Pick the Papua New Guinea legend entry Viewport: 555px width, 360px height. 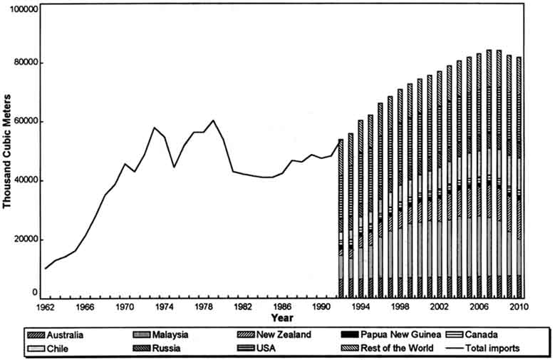pyautogui.click(x=385, y=334)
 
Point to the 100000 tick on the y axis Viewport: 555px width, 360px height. pyautogui.click(x=22, y=10)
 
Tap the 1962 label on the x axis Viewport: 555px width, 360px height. pyautogui.click(x=44, y=307)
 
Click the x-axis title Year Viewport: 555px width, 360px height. pyautogui.click(x=283, y=317)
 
